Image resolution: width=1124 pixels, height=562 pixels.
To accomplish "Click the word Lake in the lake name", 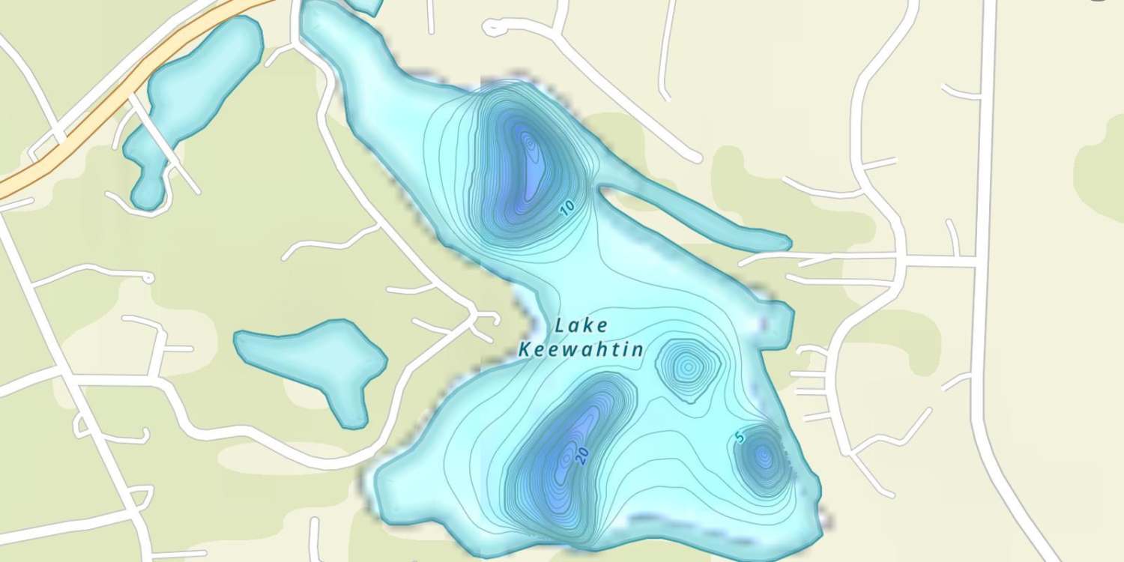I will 582,326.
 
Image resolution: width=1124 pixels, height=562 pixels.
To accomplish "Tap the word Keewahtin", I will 581,349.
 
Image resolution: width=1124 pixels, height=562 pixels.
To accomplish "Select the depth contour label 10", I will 568,208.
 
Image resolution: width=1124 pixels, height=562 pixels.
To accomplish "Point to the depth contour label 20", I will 583,455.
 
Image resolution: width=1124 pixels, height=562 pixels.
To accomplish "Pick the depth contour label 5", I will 740,438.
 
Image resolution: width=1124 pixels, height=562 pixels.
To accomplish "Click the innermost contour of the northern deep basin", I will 531,142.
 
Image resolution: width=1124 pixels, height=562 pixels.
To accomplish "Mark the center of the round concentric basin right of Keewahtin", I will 687,367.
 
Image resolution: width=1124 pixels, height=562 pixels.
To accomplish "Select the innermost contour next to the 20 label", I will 563,457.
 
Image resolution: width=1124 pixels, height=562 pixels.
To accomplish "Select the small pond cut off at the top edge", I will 365,6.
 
